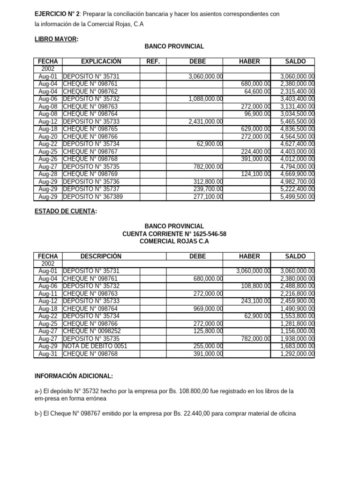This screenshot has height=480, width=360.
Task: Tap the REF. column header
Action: tap(153, 61)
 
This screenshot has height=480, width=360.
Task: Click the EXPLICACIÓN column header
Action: tap(101, 61)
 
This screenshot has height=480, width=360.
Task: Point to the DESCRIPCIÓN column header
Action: tap(101, 256)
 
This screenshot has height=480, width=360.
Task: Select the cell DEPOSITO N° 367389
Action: tap(93, 197)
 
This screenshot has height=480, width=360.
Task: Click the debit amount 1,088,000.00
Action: tap(206, 99)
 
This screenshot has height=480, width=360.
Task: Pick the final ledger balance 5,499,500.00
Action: tap(297, 197)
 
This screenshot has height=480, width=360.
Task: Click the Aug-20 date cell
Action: tap(48, 136)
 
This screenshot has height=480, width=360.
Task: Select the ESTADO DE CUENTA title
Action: tap(66, 211)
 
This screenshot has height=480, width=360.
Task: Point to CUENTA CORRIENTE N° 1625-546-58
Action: tap(174, 233)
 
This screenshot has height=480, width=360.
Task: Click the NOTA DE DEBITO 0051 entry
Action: tap(95, 346)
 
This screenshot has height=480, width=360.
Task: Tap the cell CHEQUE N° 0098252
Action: tap(91, 331)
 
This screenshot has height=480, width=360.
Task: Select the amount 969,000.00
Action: tap(208, 309)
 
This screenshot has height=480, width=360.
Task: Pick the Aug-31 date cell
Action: tap(48, 354)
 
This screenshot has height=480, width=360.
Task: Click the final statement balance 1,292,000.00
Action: tap(297, 354)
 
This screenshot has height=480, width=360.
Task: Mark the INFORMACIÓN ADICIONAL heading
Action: tap(74, 376)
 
